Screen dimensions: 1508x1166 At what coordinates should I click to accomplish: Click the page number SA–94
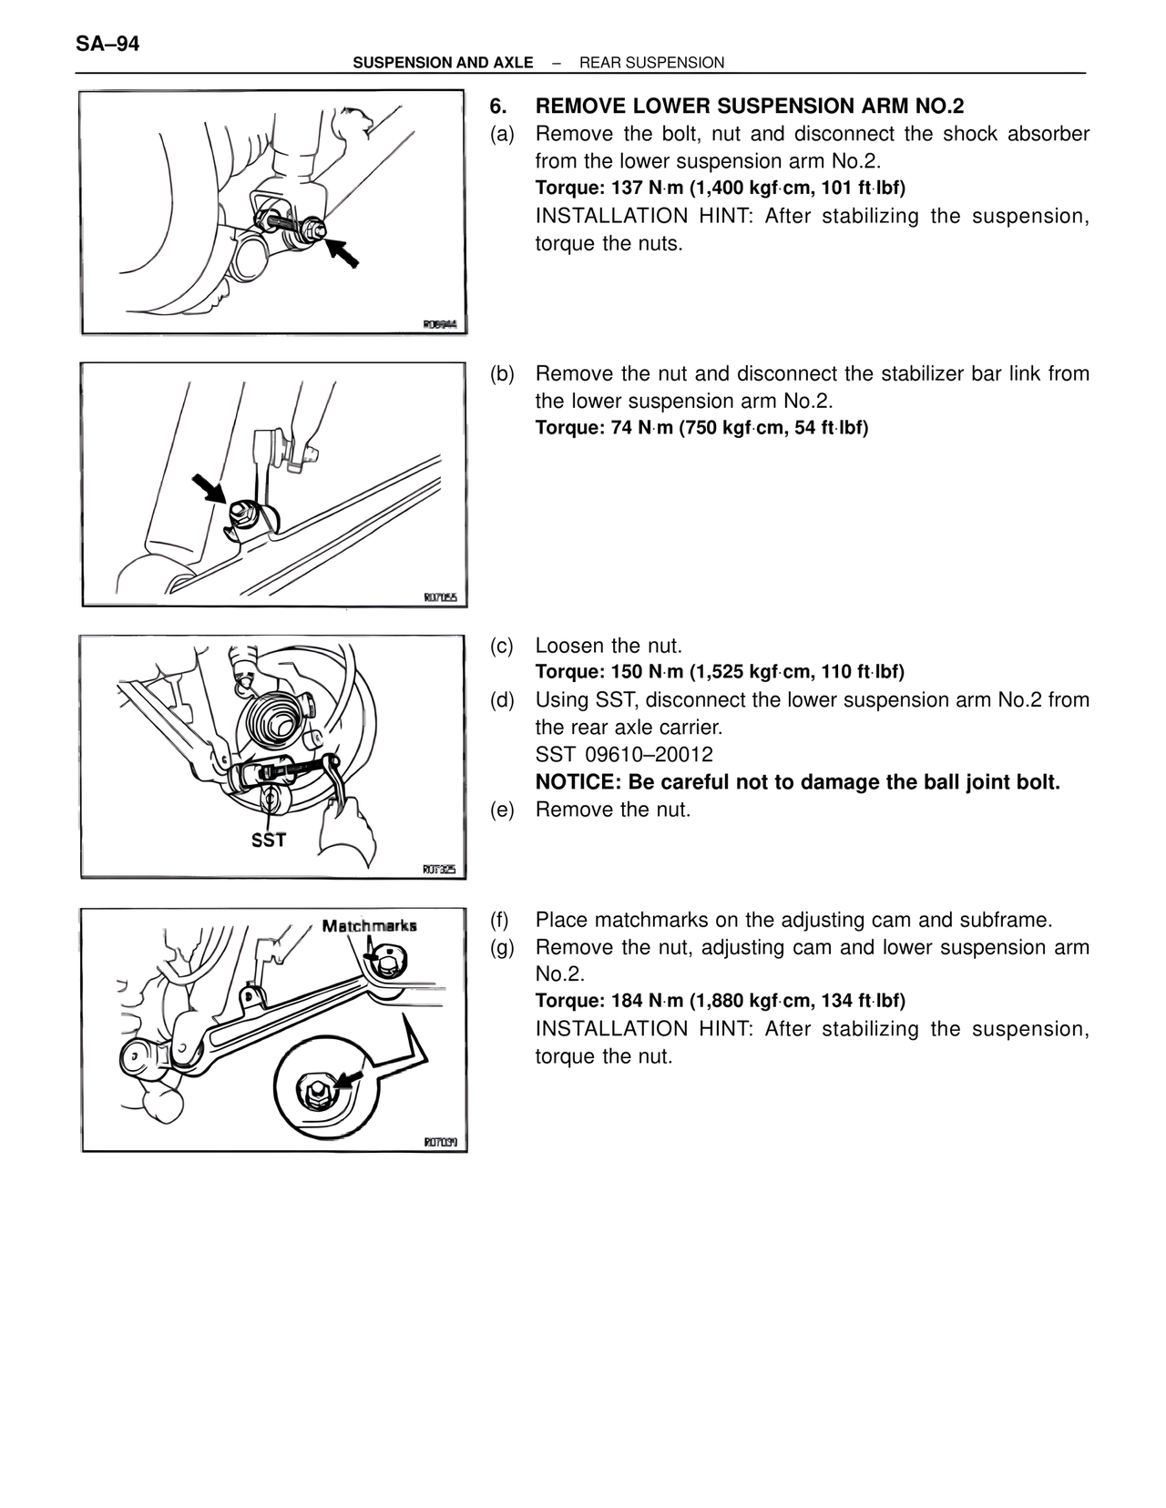click(x=107, y=43)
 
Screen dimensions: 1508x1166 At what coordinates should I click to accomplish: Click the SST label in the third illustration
click(x=269, y=840)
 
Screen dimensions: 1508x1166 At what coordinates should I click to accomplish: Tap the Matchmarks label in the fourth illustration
click(x=370, y=926)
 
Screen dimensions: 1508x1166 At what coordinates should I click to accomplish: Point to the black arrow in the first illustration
click(x=343, y=250)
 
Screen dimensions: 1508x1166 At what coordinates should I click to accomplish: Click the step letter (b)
click(x=502, y=374)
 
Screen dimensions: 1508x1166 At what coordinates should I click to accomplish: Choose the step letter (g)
click(x=502, y=947)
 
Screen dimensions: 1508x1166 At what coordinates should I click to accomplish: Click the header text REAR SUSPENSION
click(x=651, y=63)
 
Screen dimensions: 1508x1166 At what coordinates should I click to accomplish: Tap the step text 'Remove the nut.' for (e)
click(x=613, y=810)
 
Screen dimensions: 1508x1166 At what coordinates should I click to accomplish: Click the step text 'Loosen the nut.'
click(x=609, y=646)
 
